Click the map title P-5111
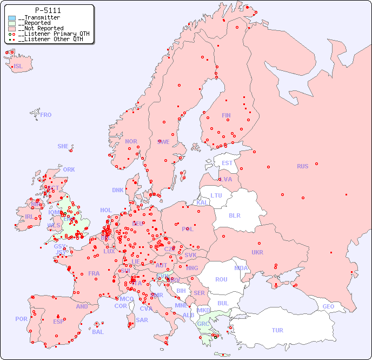(x=48, y=10)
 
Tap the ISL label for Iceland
(x=18, y=67)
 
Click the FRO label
(x=46, y=115)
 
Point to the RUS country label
(x=302, y=166)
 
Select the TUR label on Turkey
(x=277, y=330)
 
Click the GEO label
(x=328, y=306)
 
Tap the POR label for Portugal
(x=21, y=319)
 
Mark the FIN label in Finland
(x=226, y=115)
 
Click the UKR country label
(x=257, y=252)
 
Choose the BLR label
(x=234, y=215)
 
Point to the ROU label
(x=221, y=279)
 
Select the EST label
(x=227, y=163)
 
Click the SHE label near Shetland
(x=63, y=146)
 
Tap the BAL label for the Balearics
(x=97, y=332)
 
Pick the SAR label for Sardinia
(x=142, y=320)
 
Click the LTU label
(x=216, y=195)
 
